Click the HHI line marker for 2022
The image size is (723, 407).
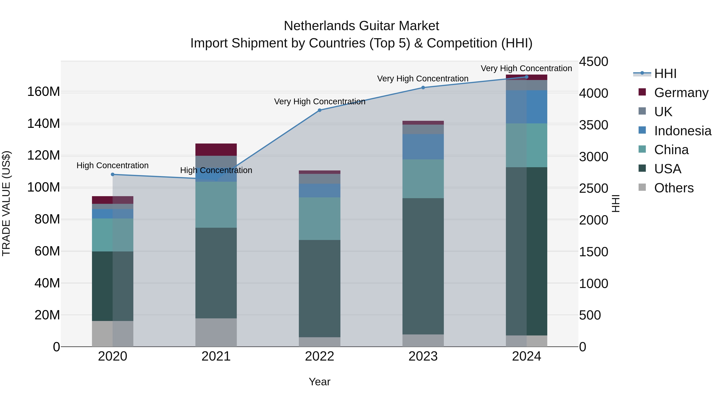click(x=319, y=110)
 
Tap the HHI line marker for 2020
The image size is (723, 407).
click(x=112, y=174)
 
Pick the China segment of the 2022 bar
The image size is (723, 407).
click(x=319, y=218)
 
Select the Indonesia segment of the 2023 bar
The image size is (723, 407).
click(x=423, y=147)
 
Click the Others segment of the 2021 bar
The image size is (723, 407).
click(x=216, y=332)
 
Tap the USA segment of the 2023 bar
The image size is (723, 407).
click(x=423, y=266)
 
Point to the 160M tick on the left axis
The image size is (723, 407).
click(x=44, y=92)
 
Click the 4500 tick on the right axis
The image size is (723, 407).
click(x=593, y=62)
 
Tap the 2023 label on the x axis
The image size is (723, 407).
click(x=423, y=356)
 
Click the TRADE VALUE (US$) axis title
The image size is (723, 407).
click(x=6, y=203)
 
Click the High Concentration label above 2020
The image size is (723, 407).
click(x=112, y=165)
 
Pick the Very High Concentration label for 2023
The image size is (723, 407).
click(x=423, y=79)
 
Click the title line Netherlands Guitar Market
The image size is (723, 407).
click(x=361, y=26)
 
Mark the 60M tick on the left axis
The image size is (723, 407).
click(x=47, y=251)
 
